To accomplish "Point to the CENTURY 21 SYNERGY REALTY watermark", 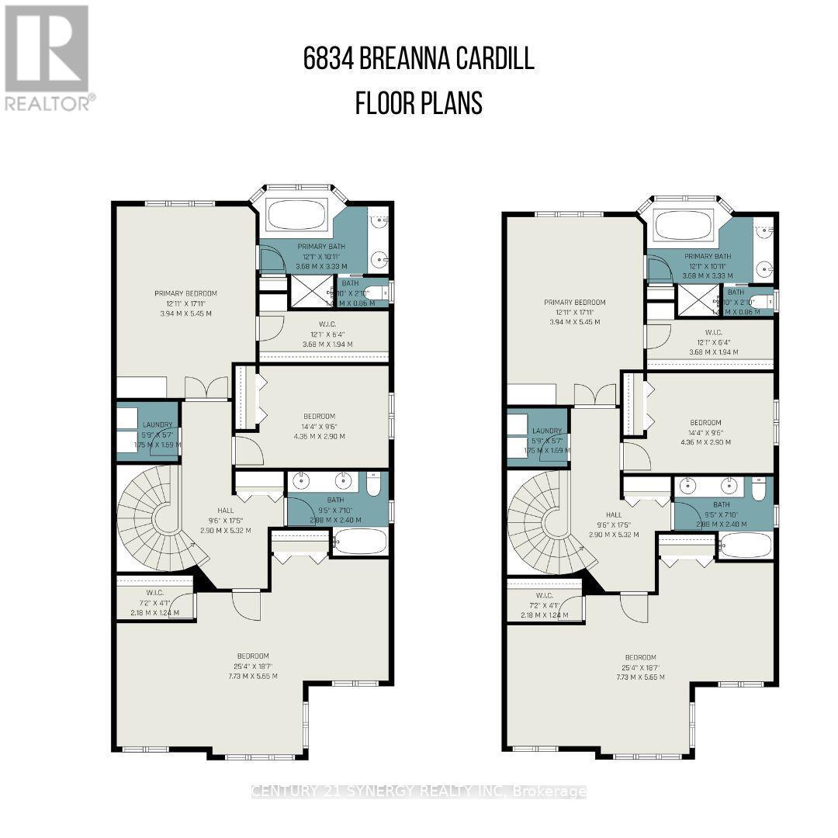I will (x=419, y=791).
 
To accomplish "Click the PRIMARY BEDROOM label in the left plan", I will (x=185, y=293).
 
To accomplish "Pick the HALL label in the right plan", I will (x=614, y=514).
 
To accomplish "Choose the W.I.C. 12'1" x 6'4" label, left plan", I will (x=324, y=325).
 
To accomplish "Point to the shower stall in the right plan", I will (x=692, y=301).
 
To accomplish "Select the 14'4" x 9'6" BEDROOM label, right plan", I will (x=705, y=422).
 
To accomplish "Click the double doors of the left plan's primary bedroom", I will (x=206, y=388).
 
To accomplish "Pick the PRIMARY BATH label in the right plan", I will (x=707, y=256).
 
